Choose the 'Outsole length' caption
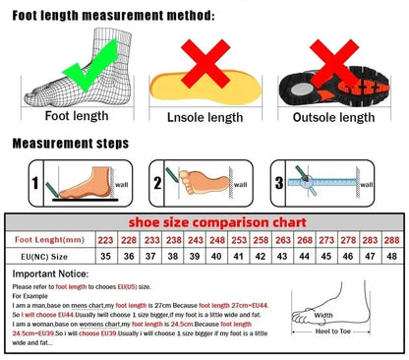click(334, 117)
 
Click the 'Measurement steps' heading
click(70, 144)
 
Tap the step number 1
click(35, 183)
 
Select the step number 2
click(158, 183)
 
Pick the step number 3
click(279, 183)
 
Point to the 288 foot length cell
click(391, 239)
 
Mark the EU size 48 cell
click(391, 256)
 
